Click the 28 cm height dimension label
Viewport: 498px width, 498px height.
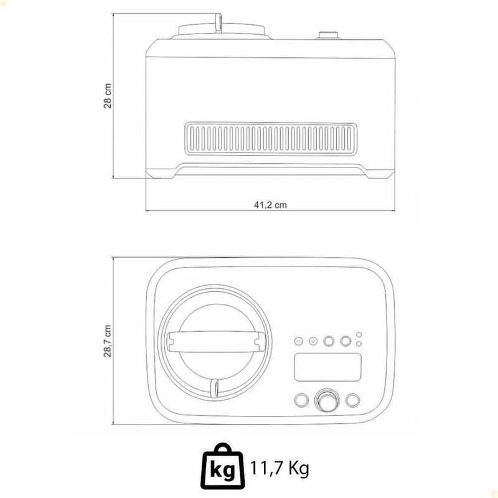coord(108,96)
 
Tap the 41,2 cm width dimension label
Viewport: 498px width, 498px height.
coord(270,205)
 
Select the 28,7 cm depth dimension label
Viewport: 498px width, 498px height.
coord(108,341)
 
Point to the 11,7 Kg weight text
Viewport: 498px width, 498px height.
coord(280,468)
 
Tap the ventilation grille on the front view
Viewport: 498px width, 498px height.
coord(271,139)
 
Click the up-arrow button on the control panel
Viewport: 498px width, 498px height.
coord(299,341)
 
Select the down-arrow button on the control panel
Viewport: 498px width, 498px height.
coord(313,341)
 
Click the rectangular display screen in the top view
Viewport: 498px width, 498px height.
coord(328,367)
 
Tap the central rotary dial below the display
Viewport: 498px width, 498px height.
coord(327,400)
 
